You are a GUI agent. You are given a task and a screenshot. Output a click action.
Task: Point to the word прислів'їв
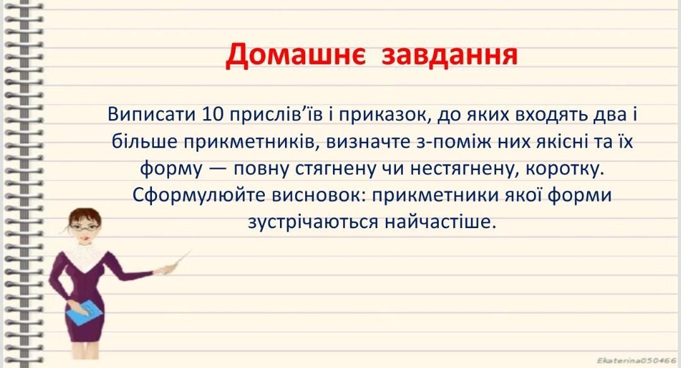276,115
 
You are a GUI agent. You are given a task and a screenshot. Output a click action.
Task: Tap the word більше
144,142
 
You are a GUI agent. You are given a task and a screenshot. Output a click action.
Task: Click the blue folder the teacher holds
85,313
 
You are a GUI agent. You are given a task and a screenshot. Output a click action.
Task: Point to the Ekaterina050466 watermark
637,360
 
